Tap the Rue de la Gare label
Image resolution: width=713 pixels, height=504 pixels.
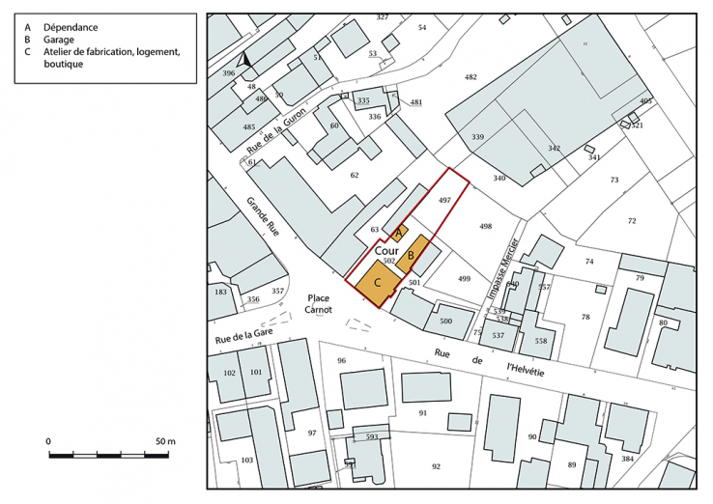click(x=244, y=334)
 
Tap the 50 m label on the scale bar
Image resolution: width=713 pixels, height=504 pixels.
click(x=164, y=441)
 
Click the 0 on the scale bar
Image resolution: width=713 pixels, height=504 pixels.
click(x=49, y=441)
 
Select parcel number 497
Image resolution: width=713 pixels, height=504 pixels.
click(x=444, y=199)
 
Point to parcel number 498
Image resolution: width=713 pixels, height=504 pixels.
click(x=486, y=226)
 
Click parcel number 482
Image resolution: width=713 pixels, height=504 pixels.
click(x=471, y=76)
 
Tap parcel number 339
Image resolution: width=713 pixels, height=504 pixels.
click(x=477, y=137)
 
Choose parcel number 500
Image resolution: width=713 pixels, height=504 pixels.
click(x=445, y=321)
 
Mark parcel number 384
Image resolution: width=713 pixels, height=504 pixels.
click(x=628, y=458)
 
